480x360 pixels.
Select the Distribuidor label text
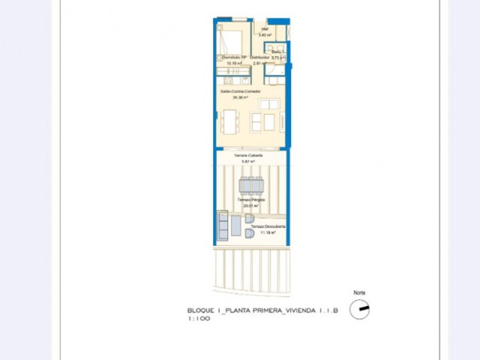pyautogui.click(x=259, y=57)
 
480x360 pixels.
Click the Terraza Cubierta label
pyautogui.click(x=248, y=156)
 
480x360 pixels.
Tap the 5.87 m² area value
pyautogui.click(x=248, y=162)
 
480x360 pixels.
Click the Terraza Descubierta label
pyautogui.click(x=268, y=226)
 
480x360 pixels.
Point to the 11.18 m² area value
pyautogui.click(x=268, y=232)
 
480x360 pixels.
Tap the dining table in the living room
pyautogui.click(x=229, y=120)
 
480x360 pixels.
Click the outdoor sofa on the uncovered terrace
pyautogui.click(x=222, y=225)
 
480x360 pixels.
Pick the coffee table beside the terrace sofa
pyautogui.click(x=235, y=225)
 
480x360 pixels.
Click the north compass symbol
pyautogui.click(x=359, y=308)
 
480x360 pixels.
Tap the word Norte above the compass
pyautogui.click(x=359, y=292)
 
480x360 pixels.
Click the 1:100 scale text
pyautogui.click(x=199, y=318)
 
